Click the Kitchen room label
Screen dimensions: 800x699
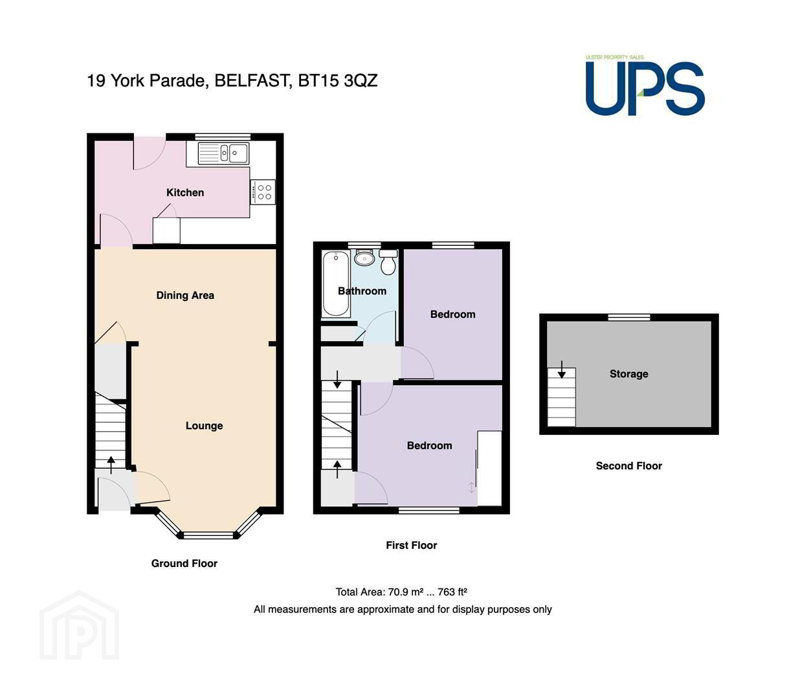[x=185, y=192]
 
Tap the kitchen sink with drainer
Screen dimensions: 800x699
[x=223, y=153]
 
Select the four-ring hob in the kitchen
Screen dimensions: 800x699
[x=263, y=192]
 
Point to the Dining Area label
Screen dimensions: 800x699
[x=185, y=295]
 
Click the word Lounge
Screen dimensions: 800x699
[x=204, y=425]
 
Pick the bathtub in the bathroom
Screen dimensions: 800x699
[x=335, y=283]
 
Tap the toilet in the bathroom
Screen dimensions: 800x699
[x=388, y=261]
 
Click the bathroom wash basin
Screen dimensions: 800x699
[x=364, y=258]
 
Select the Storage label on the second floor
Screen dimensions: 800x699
[x=628, y=373]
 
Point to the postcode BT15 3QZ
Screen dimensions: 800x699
[x=337, y=81]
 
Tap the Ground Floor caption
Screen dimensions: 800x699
[x=184, y=563]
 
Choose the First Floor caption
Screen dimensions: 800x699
[x=412, y=546]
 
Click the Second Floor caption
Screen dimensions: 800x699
[x=628, y=465]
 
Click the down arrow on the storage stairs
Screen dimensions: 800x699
[x=561, y=370]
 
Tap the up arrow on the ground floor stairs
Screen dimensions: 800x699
[x=111, y=465]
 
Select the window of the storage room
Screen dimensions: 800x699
[x=629, y=317]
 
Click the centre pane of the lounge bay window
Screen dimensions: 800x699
[x=208, y=535]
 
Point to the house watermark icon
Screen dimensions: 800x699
[x=80, y=626]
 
